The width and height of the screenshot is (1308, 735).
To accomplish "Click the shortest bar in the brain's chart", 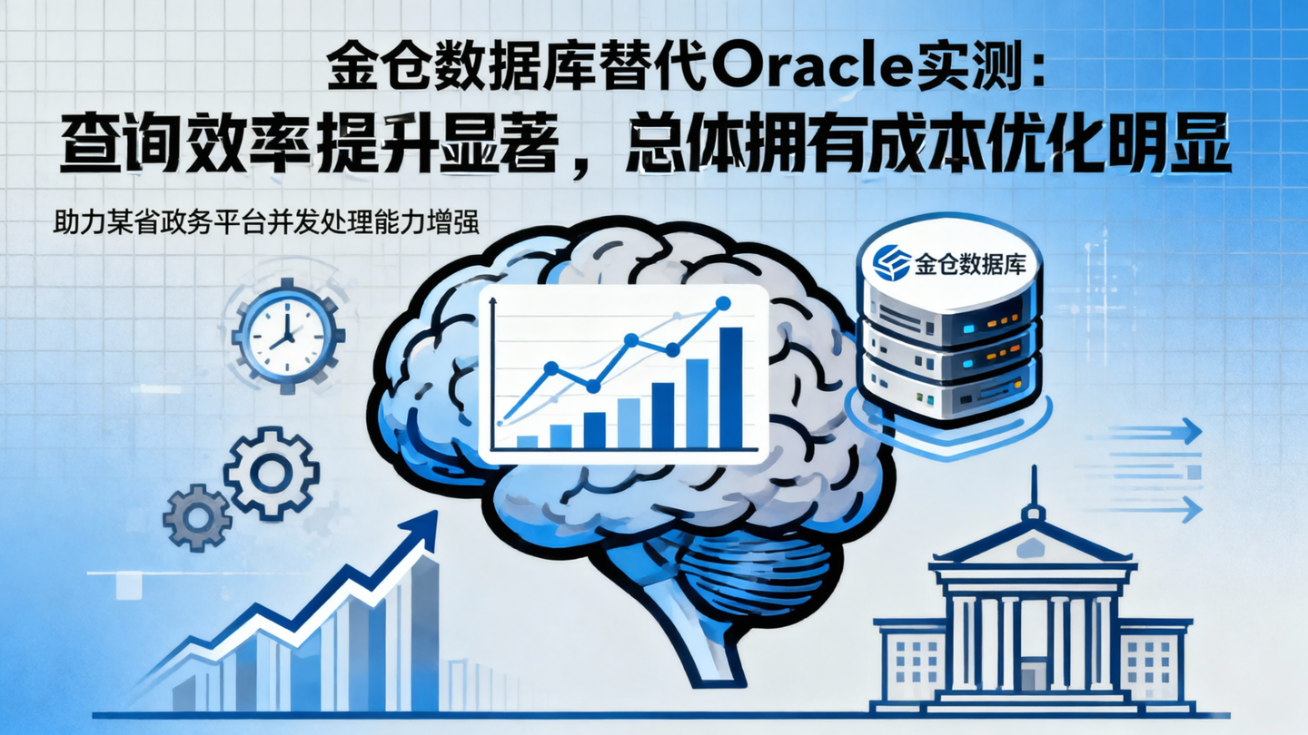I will [527, 441].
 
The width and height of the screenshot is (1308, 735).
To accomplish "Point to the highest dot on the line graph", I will [723, 303].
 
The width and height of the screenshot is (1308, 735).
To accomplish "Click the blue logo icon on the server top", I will [891, 262].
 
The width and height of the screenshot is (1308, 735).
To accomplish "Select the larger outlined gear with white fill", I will [271, 473].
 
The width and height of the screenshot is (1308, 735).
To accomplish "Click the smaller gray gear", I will [197, 519].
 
